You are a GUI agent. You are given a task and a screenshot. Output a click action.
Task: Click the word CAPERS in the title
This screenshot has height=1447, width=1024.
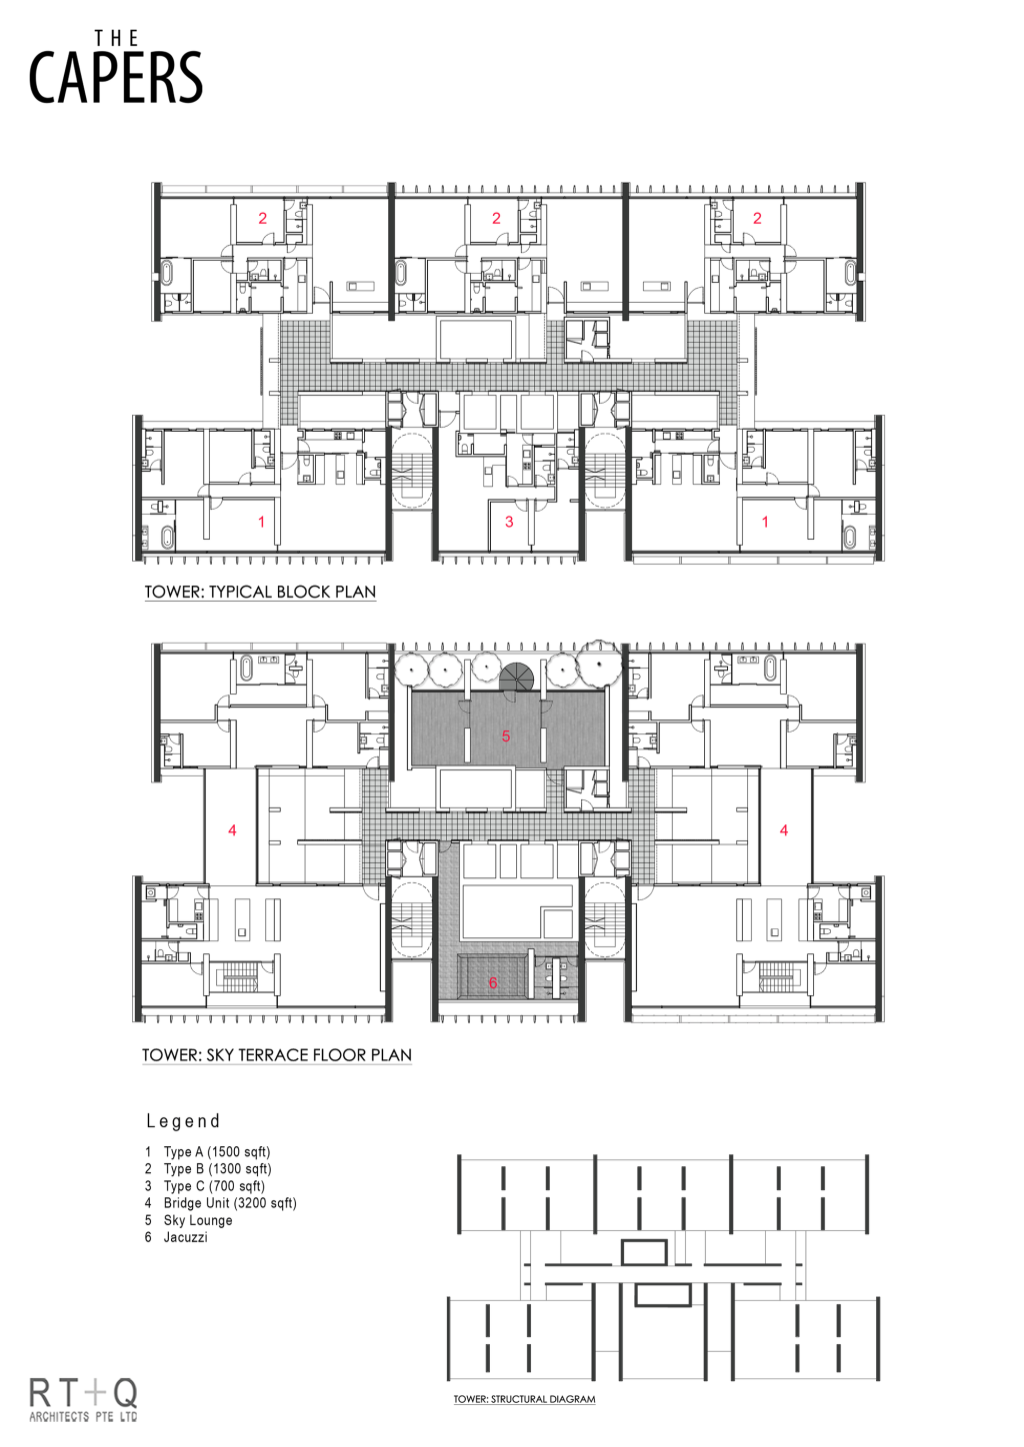click(x=116, y=78)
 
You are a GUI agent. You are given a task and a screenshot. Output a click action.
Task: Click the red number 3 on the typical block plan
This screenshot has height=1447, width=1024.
click(x=509, y=522)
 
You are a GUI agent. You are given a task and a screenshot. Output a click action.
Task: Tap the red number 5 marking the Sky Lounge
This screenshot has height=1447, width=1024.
click(x=506, y=735)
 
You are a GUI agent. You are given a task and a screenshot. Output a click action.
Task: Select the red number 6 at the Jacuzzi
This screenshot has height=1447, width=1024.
click(x=493, y=982)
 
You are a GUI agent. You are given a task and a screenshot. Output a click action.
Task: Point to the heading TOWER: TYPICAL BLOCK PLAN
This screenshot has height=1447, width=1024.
click(x=260, y=592)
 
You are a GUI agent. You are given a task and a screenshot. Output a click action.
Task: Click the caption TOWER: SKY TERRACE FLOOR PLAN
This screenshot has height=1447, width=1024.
click(x=277, y=1055)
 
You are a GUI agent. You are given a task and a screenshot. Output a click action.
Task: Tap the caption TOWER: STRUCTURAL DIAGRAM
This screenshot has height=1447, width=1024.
click(x=524, y=1399)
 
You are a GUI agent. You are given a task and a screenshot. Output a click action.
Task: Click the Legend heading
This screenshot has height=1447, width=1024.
click(x=183, y=1121)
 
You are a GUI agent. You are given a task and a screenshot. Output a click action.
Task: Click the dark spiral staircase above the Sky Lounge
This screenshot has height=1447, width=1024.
click(x=517, y=676)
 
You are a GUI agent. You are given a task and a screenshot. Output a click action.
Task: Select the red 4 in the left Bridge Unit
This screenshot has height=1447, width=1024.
click(x=233, y=830)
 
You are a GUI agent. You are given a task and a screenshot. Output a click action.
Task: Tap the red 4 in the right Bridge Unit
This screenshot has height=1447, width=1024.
click(x=784, y=830)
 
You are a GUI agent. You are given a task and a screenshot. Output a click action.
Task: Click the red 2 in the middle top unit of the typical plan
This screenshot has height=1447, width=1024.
click(x=496, y=218)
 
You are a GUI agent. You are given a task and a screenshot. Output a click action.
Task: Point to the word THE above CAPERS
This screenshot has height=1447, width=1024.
click(x=116, y=39)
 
